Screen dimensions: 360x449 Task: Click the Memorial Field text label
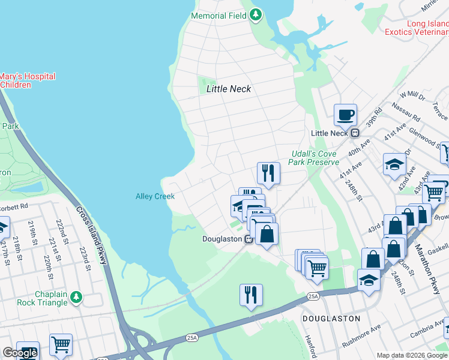218,15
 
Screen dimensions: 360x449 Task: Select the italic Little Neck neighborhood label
229,89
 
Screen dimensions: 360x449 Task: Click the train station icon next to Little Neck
355,133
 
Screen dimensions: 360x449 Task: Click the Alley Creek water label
155,196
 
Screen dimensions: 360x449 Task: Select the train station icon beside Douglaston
247,239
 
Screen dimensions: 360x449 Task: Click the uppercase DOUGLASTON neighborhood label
331,319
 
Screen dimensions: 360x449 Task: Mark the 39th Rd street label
375,122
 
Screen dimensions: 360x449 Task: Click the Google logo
20,353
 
